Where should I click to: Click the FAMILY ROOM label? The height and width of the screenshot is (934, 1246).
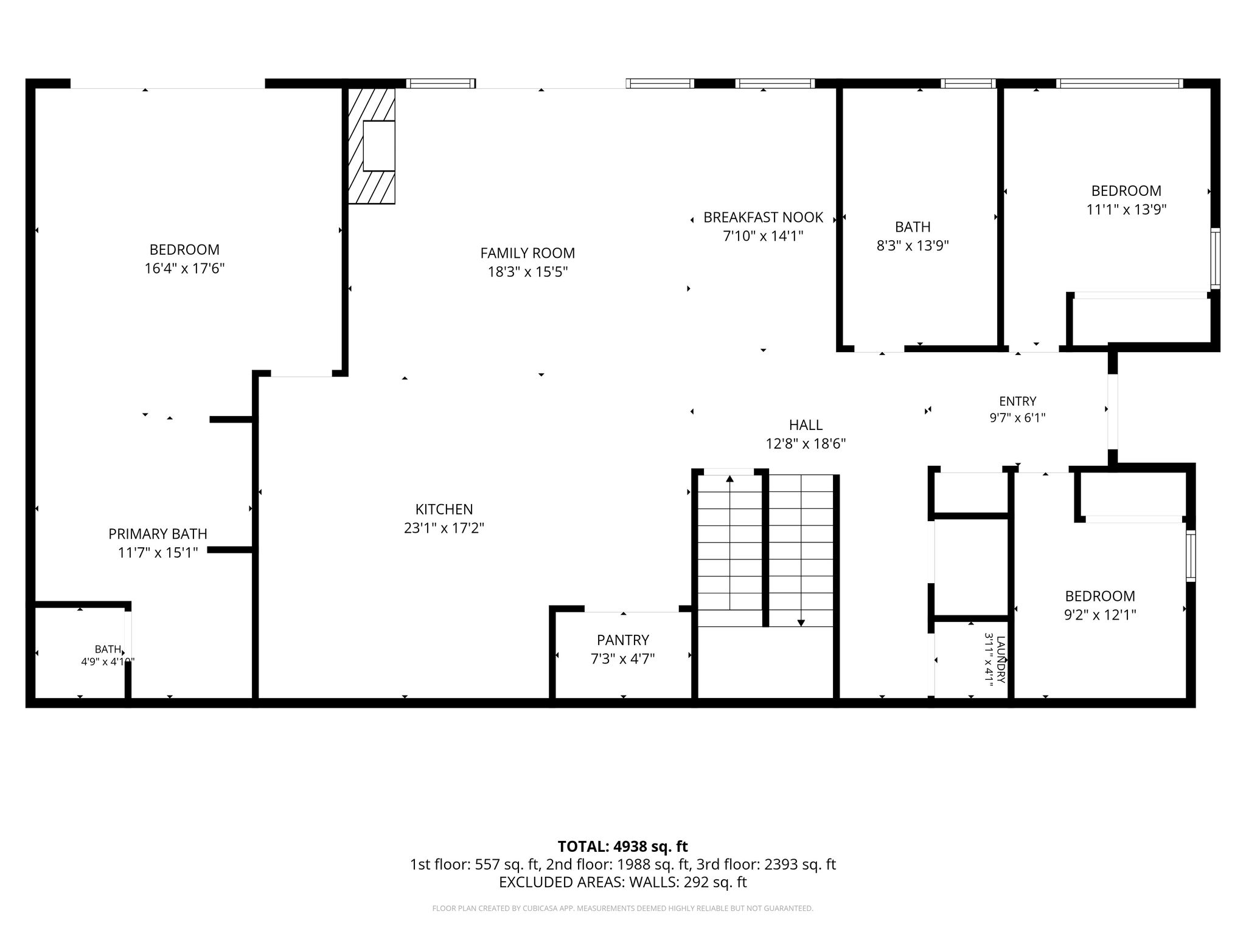click(x=527, y=253)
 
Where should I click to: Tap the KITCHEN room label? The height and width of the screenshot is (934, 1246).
click(x=444, y=509)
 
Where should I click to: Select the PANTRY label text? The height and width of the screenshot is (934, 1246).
click(x=623, y=640)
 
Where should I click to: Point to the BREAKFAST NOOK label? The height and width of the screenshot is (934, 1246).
click(x=763, y=217)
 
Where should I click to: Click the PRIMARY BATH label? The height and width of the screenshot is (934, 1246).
click(x=158, y=534)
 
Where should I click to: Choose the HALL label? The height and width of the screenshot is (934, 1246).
click(x=806, y=425)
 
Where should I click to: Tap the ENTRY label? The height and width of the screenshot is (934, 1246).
click(x=1017, y=401)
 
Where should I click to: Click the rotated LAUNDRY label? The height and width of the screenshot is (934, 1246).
click(x=1001, y=659)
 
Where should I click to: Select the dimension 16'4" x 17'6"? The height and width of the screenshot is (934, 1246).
click(x=184, y=268)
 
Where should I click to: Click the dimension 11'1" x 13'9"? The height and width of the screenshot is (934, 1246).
click(x=1126, y=210)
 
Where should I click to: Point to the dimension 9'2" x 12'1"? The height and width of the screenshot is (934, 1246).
click(x=1100, y=615)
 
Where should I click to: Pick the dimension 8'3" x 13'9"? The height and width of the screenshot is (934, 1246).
click(x=913, y=246)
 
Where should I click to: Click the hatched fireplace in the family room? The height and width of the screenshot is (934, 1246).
click(x=371, y=146)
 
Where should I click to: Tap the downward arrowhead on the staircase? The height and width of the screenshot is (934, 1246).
click(x=801, y=623)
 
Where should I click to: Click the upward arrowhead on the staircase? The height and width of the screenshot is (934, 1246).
click(x=729, y=479)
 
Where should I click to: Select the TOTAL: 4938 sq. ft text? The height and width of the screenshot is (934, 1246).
click(x=622, y=846)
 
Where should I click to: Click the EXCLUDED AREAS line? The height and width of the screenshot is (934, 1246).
click(x=622, y=882)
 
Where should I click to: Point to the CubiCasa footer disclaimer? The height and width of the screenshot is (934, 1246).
click(x=622, y=908)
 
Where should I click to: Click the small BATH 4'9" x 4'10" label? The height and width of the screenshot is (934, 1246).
click(x=108, y=656)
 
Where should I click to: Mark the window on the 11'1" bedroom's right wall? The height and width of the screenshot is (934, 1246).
click(x=1215, y=258)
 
